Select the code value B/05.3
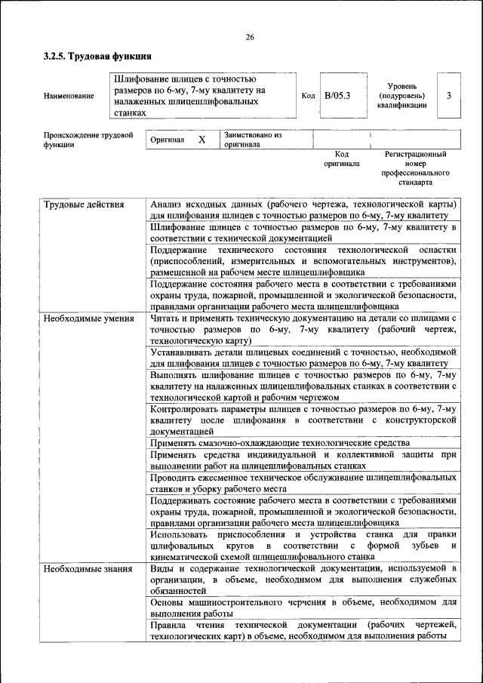click(x=337, y=96)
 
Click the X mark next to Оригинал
click(x=202, y=140)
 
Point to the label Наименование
click(x=69, y=96)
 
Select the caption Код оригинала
click(x=341, y=158)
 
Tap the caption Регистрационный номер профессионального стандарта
click(x=415, y=168)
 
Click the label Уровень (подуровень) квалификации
click(x=401, y=96)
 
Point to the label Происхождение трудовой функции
click(x=83, y=140)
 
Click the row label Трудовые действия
click(x=78, y=205)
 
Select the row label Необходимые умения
click(x=84, y=320)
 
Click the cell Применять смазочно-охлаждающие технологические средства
click(x=280, y=443)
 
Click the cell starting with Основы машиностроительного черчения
click(x=303, y=608)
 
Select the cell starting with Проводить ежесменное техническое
click(x=303, y=483)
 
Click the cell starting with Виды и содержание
click(x=303, y=578)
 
